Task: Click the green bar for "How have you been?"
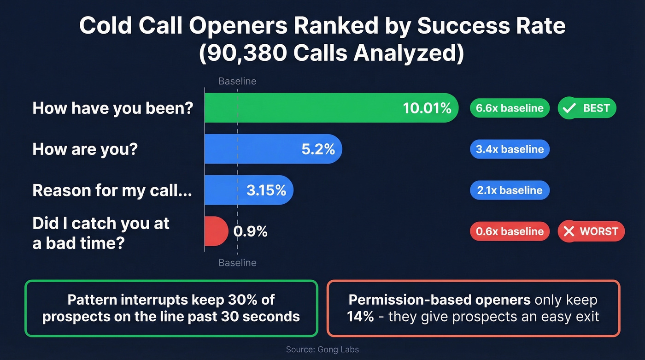pyautogui.click(x=299, y=108)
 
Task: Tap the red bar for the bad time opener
pyautogui.click(x=216, y=231)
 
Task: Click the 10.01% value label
pyautogui.click(x=427, y=108)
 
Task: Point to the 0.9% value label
pyautogui.click(x=250, y=231)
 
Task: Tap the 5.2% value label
pyautogui.click(x=318, y=149)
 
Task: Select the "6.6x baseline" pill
pyautogui.click(x=510, y=108)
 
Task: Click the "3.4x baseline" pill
pyautogui.click(x=510, y=149)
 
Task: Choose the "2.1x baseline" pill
pyautogui.click(x=510, y=190)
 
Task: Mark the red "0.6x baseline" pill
pyautogui.click(x=510, y=231)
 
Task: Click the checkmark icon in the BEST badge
pyautogui.click(x=570, y=108)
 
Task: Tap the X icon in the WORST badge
pyautogui.click(x=569, y=231)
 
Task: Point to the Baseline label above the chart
pyautogui.click(x=237, y=82)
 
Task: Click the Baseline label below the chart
pyautogui.click(x=237, y=263)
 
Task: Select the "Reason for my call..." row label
pyautogui.click(x=112, y=190)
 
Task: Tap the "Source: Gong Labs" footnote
pyautogui.click(x=322, y=349)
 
